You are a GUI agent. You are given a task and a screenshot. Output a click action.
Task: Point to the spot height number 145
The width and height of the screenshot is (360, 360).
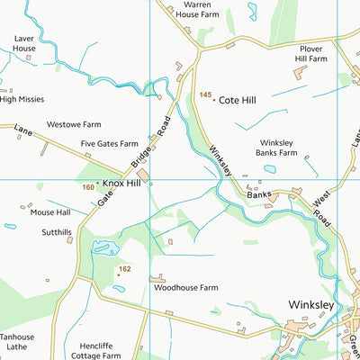pos(205,95)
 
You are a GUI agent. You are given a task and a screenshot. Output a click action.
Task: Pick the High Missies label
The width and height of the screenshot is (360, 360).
pos(22,100)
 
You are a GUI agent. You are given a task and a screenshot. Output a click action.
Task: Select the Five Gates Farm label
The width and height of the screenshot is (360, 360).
pos(110,144)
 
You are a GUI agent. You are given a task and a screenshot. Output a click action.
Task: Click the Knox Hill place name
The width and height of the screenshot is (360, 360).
pos(121,183)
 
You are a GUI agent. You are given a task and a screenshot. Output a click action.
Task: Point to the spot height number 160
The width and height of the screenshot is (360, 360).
pos(87,187)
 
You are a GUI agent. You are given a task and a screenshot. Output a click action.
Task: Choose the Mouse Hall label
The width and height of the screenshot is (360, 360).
pos(49,213)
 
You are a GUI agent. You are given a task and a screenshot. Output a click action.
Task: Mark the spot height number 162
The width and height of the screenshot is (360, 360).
pos(124,269)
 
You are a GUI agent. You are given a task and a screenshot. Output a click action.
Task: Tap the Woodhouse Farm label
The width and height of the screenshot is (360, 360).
pos(185,288)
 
